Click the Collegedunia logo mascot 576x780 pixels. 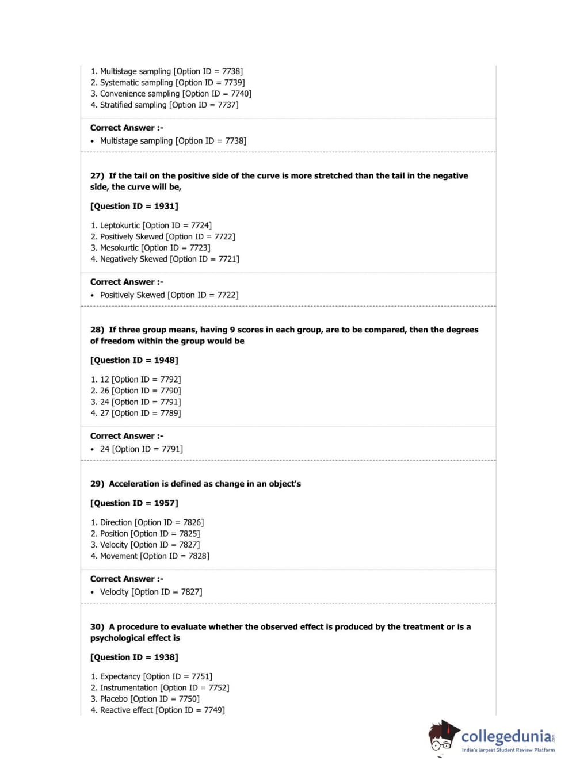tap(443, 736)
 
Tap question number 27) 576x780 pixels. tap(97, 176)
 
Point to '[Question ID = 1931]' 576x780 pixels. tap(134, 207)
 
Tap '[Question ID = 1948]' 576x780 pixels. tap(134, 361)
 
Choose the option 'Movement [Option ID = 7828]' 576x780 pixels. tap(154, 556)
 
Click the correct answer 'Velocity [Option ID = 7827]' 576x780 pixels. tap(151, 592)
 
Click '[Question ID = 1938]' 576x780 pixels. tap(134, 657)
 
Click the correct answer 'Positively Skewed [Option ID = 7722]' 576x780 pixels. tap(169, 295)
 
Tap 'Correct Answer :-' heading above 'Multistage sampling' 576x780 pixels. tap(127, 128)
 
